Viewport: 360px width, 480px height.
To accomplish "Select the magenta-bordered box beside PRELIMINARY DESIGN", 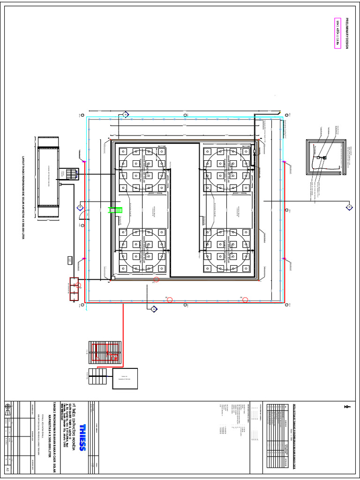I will (337, 34).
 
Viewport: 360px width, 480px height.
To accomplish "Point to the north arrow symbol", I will (347, 406).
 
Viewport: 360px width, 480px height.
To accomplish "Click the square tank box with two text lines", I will (125, 378).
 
